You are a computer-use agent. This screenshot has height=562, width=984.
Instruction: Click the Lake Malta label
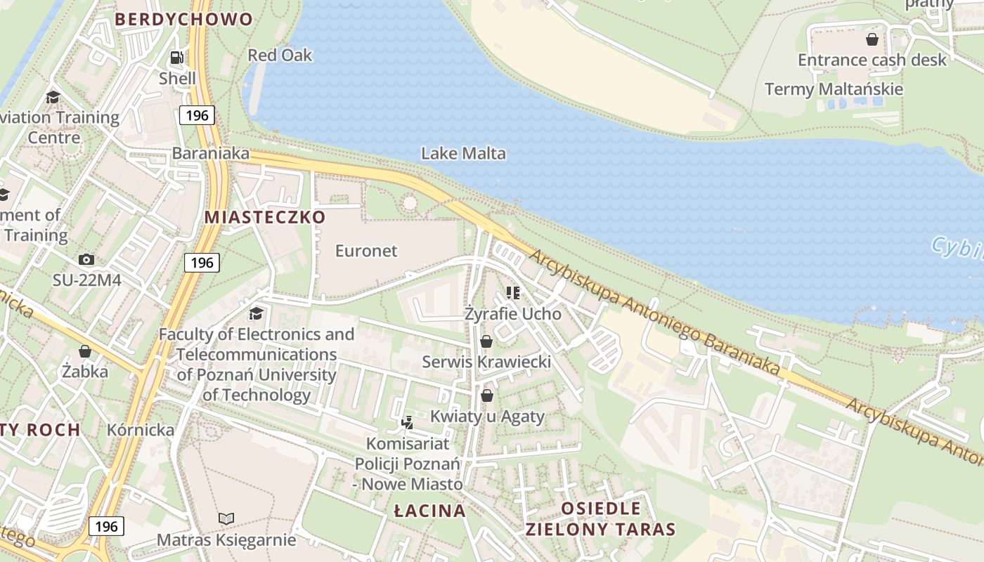click(463, 153)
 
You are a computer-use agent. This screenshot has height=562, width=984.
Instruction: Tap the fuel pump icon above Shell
click(177, 58)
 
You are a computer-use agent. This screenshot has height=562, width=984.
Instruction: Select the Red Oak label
click(280, 55)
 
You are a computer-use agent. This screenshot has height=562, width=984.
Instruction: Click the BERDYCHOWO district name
click(183, 20)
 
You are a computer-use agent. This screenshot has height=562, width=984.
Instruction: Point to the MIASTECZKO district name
click(265, 217)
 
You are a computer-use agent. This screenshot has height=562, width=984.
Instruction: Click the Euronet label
click(366, 251)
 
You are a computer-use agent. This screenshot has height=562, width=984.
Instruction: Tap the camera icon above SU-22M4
click(86, 260)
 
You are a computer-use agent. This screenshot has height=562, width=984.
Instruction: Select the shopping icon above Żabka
click(85, 351)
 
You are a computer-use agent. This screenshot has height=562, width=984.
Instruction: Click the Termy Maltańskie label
click(834, 89)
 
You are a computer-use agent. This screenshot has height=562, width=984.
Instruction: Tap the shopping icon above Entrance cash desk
click(872, 39)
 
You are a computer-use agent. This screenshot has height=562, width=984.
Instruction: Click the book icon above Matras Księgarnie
click(226, 519)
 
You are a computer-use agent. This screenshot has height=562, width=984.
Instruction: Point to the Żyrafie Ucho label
click(513, 314)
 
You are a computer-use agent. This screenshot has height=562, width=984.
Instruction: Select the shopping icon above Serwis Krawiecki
click(486, 341)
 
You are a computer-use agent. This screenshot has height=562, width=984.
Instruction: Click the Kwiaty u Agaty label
click(487, 417)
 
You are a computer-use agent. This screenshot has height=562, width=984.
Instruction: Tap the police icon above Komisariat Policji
click(407, 422)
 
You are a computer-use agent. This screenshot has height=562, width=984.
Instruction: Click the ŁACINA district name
click(429, 511)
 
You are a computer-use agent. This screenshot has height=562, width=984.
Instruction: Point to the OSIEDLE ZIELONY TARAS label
click(600, 519)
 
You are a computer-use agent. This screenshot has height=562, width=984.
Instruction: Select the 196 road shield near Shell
click(197, 115)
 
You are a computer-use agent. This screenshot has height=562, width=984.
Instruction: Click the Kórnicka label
click(141, 430)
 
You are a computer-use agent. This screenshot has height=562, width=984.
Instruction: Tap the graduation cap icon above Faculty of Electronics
click(257, 313)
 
